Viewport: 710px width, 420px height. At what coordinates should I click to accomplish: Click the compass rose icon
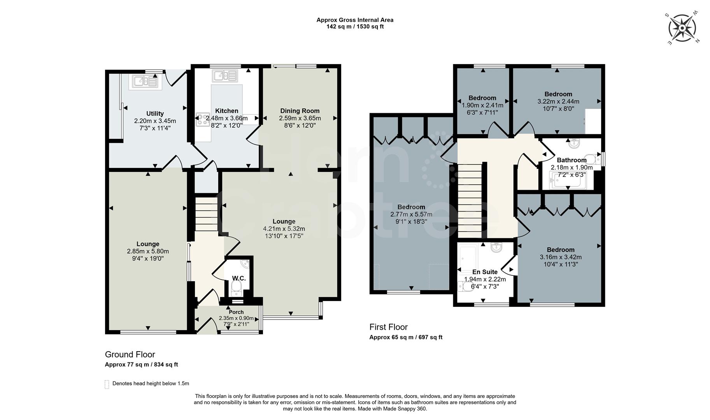pyautogui.click(x=682, y=28)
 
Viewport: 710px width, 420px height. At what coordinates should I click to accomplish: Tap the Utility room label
pyautogui.click(x=155, y=114)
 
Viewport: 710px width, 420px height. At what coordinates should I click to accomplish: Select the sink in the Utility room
pyautogui.click(x=145, y=82)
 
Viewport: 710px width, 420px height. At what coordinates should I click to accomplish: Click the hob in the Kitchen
pyautogui.click(x=202, y=119)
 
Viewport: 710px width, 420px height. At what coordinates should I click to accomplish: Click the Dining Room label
pyautogui.click(x=300, y=111)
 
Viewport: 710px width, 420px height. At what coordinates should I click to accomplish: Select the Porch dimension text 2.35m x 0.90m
pyautogui.click(x=236, y=318)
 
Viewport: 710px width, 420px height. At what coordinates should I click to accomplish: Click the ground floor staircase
pyautogui.click(x=206, y=215)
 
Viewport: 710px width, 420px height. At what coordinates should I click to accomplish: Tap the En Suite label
pyautogui.click(x=485, y=272)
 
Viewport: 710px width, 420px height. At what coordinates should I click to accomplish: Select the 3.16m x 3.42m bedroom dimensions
pyautogui.click(x=561, y=257)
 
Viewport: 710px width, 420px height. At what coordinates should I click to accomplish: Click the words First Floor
pyautogui.click(x=388, y=327)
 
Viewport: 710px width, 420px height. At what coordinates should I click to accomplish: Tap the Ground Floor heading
pyautogui.click(x=130, y=354)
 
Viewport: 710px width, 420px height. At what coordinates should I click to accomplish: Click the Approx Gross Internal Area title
pyautogui.click(x=354, y=20)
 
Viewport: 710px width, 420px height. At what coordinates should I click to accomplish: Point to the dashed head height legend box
pyautogui.click(x=107, y=384)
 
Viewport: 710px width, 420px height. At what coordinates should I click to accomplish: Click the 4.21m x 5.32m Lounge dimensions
pyautogui.click(x=284, y=229)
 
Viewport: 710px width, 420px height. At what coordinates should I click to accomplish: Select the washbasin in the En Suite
pyautogui.click(x=496, y=247)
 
